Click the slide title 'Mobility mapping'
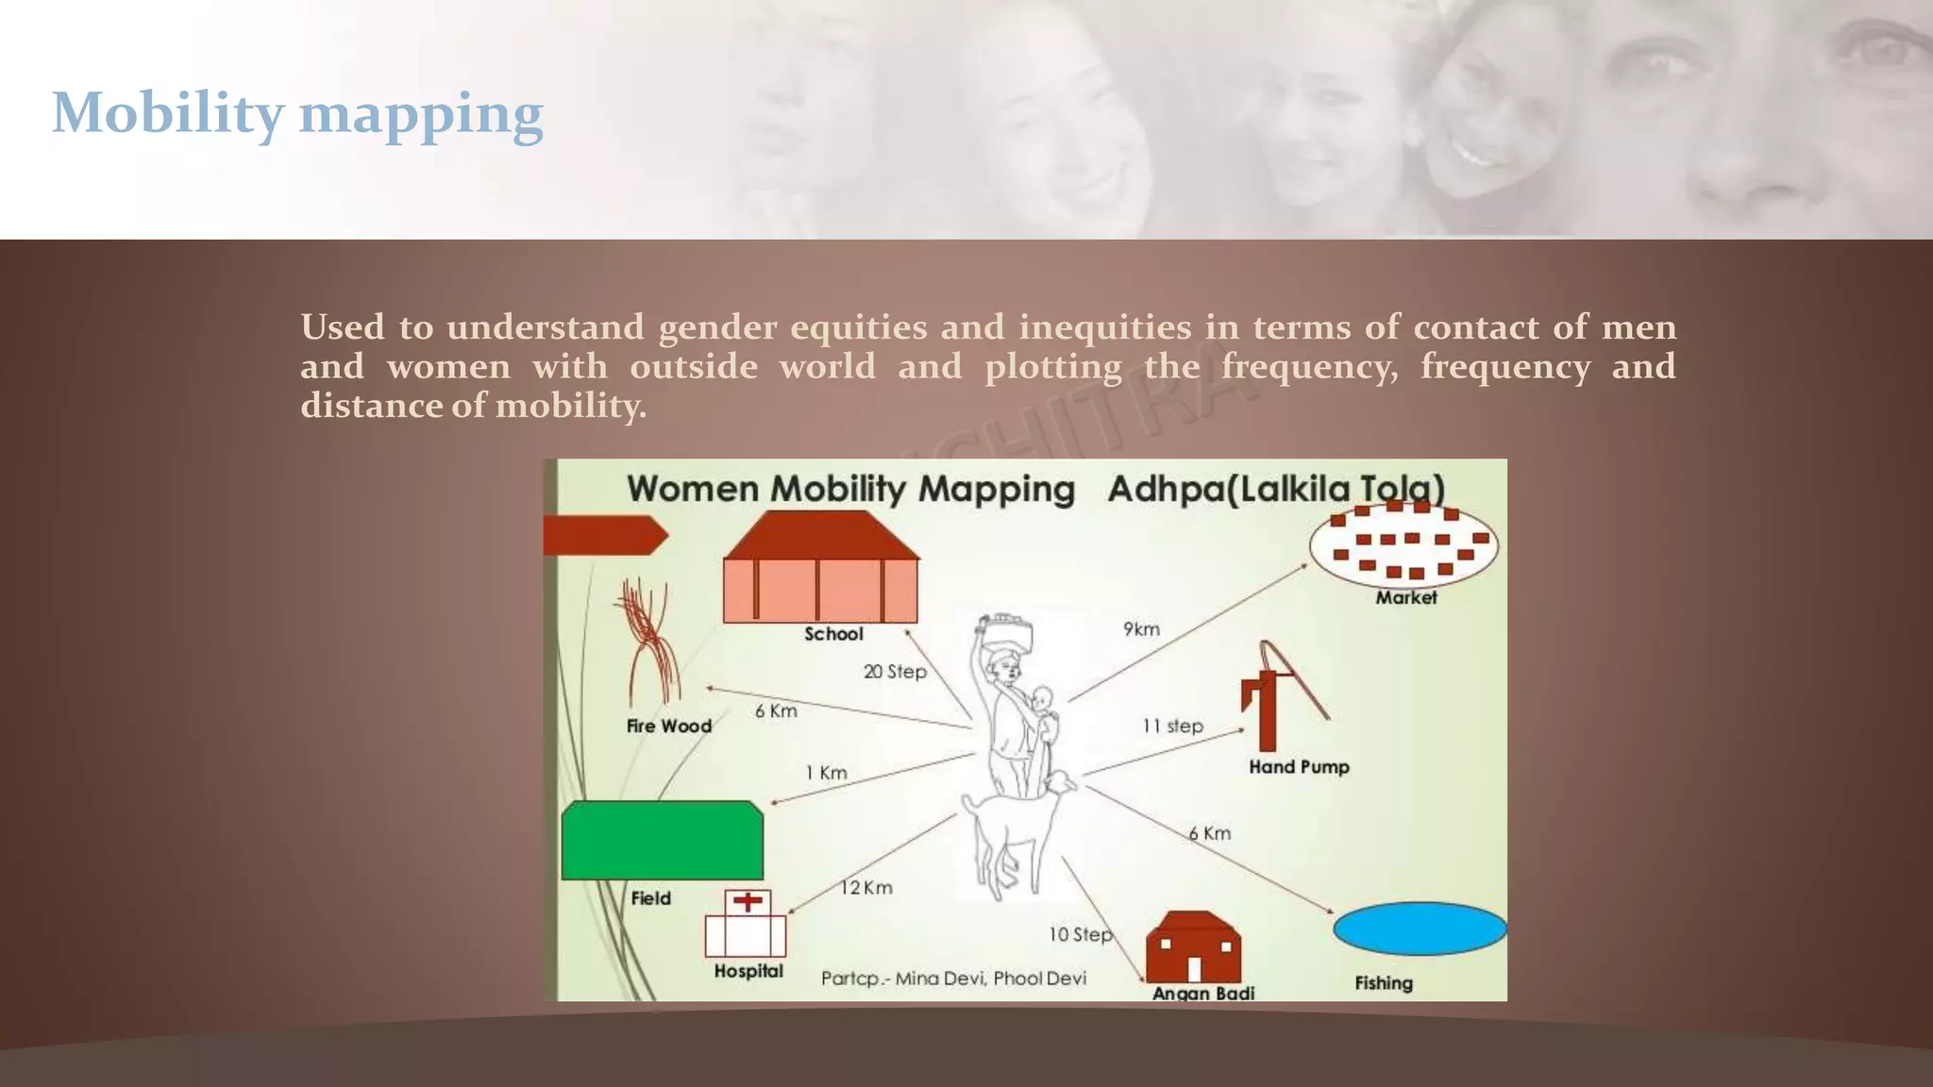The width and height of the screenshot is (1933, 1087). (x=297, y=114)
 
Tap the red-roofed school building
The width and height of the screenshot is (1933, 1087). (x=820, y=570)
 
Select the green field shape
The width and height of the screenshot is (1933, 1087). (x=662, y=841)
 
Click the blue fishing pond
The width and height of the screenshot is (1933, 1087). (x=1420, y=929)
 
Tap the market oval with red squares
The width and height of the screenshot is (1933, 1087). (x=1404, y=544)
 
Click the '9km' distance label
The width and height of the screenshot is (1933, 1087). (x=1141, y=629)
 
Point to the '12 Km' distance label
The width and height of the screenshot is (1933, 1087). (x=866, y=888)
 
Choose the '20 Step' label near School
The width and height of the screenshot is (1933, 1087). (x=895, y=672)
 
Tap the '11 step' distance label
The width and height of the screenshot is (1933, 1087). (x=1172, y=726)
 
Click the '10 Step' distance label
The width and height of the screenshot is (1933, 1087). (x=1081, y=934)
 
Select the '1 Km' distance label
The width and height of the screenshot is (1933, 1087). (x=826, y=773)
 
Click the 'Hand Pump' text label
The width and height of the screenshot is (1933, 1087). (x=1299, y=767)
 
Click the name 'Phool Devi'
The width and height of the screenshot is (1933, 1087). (x=1039, y=978)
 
